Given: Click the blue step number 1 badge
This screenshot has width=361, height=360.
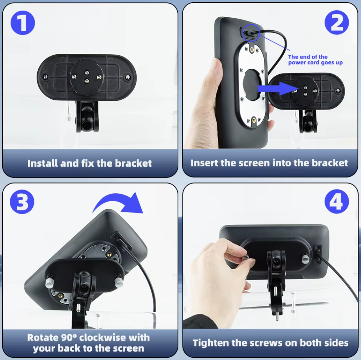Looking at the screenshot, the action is pyautogui.click(x=23, y=23).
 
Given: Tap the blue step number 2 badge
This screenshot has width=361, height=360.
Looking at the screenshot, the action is pyautogui.click(x=337, y=22).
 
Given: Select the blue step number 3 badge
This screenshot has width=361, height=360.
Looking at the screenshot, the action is pyautogui.click(x=22, y=202).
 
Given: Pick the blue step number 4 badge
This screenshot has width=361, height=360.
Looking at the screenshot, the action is pyautogui.click(x=337, y=201).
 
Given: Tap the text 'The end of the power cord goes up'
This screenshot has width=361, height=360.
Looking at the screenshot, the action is pyautogui.click(x=315, y=60).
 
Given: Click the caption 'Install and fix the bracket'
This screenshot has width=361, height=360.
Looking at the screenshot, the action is pyautogui.click(x=89, y=163).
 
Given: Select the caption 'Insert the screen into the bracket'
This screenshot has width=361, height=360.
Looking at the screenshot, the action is pyautogui.click(x=269, y=163).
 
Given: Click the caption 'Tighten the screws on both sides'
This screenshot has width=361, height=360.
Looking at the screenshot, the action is pyautogui.click(x=271, y=343).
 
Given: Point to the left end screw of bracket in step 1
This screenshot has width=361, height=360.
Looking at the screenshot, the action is pyautogui.click(x=46, y=76).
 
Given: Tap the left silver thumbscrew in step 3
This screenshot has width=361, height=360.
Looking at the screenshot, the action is pyautogui.click(x=49, y=283).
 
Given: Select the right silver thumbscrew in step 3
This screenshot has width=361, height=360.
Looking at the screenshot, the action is pyautogui.click(x=119, y=281).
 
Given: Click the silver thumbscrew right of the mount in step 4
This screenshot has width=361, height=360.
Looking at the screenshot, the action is pyautogui.click(x=305, y=259).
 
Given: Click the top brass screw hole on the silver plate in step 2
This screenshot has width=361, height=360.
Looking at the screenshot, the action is pyautogui.click(x=252, y=49).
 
